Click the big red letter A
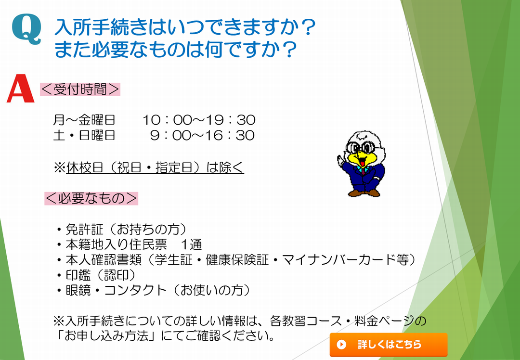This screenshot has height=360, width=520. tap(21, 89)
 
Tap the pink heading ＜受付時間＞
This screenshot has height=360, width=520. tap(80, 90)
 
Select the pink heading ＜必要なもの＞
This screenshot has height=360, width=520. tap(91, 198)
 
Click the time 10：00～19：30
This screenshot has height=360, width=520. tap(199, 120)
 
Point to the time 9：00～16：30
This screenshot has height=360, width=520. tap(202, 135)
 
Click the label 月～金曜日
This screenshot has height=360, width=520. tap(84, 120)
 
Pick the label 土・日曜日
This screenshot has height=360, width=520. tap(84, 135)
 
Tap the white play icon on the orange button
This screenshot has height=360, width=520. tap(341, 345)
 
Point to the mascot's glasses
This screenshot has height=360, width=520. tap(364, 147)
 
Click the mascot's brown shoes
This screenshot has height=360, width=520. tap(364, 193)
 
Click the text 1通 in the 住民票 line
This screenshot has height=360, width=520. tap(191, 244)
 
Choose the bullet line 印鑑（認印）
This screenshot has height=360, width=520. tap(96, 275)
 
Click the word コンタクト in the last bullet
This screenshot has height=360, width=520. tap(135, 290)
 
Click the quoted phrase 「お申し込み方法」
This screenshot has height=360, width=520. tap(105, 336)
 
